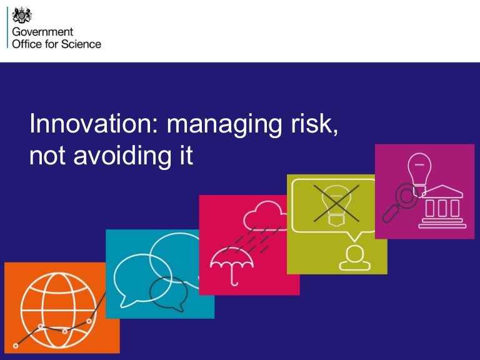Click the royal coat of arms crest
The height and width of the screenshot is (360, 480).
(x=22, y=15)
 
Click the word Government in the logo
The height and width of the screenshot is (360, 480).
(x=42, y=31)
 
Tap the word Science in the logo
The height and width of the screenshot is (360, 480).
(x=81, y=44)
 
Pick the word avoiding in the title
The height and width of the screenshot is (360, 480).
(x=122, y=157)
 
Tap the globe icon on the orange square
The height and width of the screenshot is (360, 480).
(x=58, y=311)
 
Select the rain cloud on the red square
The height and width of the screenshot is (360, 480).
(x=265, y=216)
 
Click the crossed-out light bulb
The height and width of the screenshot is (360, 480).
(x=336, y=203)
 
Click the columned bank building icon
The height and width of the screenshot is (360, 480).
(x=442, y=207)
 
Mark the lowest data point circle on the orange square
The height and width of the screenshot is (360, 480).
(x=16, y=346)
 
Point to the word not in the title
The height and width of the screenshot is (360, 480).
(x=47, y=157)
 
